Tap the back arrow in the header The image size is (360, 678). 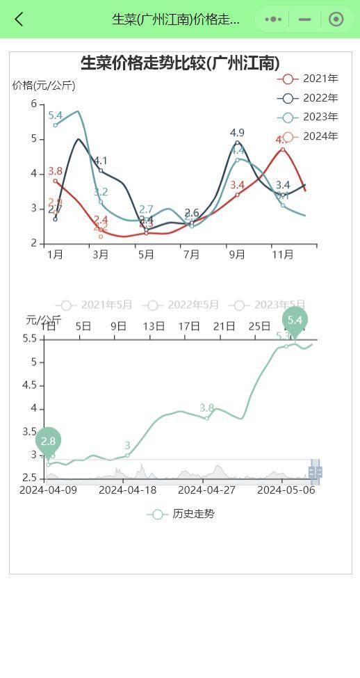tap(19, 19)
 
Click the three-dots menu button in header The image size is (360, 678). tap(274, 19)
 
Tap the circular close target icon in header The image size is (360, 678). tap(336, 19)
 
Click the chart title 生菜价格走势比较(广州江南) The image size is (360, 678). tap(180, 63)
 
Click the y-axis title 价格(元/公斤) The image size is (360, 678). tap(44, 86)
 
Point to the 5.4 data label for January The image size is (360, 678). tap(56, 115)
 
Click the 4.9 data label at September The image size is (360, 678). tap(237, 133)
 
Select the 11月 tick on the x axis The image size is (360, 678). tap(282, 255)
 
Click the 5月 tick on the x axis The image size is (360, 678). tap(146, 255)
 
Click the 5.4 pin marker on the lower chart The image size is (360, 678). tap(295, 320)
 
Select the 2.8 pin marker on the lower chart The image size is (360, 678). tap(48, 441)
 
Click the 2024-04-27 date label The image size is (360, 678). tap(207, 490)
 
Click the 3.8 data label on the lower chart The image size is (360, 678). tap(207, 407)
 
